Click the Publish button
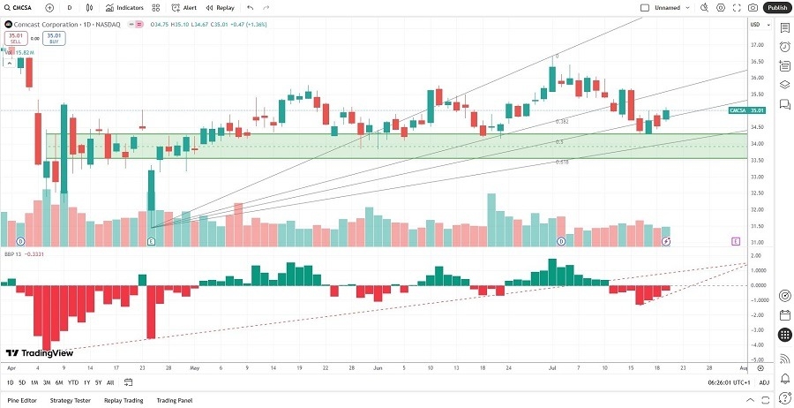(x=777, y=7)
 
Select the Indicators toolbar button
(x=124, y=7)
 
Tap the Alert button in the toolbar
(x=185, y=7)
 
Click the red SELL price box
(x=15, y=39)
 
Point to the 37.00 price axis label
(x=756, y=45)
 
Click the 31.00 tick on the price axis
(x=756, y=243)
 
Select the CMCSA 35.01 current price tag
(x=746, y=110)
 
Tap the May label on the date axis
(x=195, y=366)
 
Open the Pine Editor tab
(x=21, y=400)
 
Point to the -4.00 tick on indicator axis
(x=756, y=344)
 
